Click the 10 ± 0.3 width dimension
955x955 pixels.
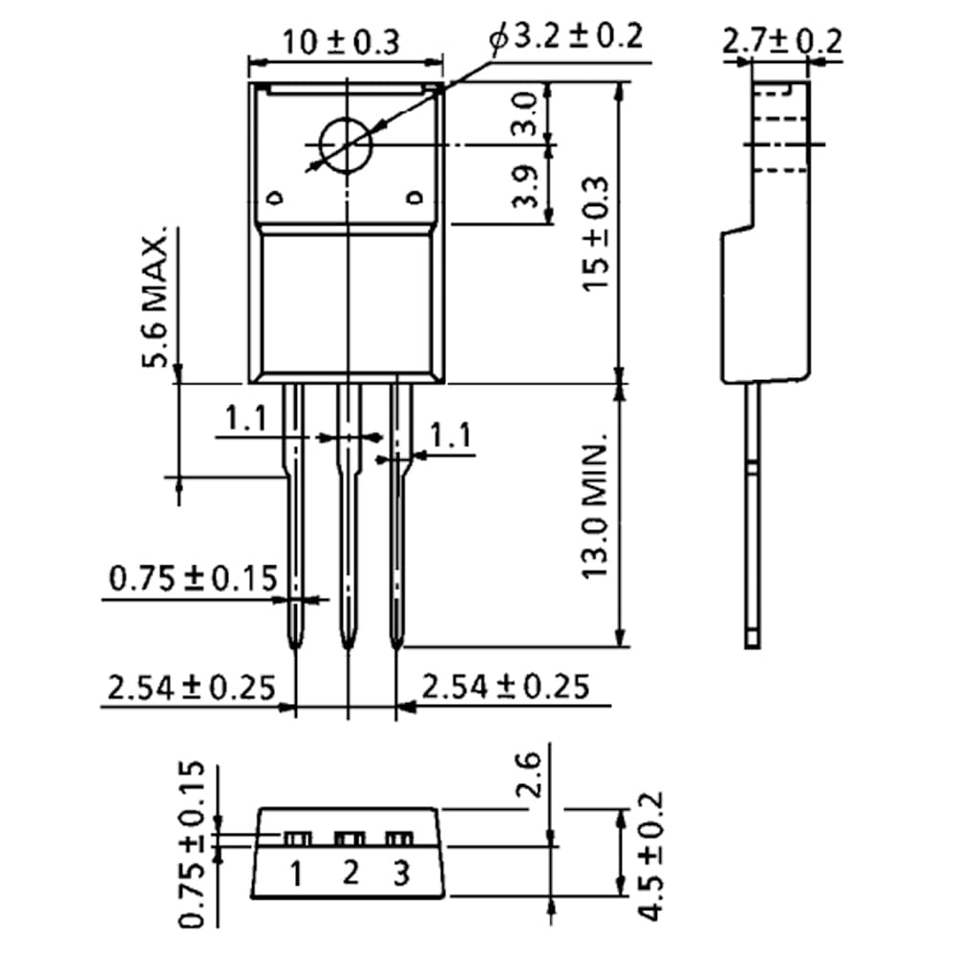coord(341,42)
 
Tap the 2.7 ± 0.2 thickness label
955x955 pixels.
coord(782,41)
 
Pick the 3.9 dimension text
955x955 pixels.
coord(525,186)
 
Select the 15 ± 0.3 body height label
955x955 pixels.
coord(595,235)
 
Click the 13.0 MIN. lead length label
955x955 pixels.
coord(595,505)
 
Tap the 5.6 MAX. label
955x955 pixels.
coord(155,297)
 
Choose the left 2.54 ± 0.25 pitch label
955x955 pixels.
coord(192,687)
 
